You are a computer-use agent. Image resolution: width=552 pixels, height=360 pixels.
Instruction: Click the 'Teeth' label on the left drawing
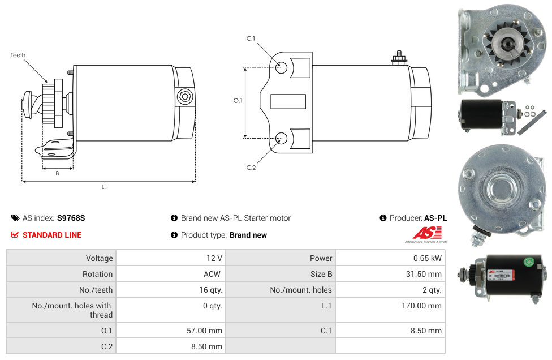[18, 55]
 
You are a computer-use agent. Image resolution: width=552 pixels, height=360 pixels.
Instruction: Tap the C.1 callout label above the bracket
[251, 38]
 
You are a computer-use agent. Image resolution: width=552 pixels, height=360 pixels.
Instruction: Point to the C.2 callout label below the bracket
[251, 168]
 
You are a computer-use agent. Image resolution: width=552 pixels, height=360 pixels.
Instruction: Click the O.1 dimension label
[238, 101]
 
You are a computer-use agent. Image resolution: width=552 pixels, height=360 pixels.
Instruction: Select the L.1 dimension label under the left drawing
[105, 187]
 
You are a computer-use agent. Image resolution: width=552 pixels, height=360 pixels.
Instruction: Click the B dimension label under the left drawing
[57, 173]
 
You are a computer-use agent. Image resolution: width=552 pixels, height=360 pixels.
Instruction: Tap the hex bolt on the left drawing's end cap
[185, 97]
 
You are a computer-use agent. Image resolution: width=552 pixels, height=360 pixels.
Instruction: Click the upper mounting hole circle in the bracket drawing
[281, 67]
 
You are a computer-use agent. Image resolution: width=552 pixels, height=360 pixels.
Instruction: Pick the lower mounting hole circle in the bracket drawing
[281, 139]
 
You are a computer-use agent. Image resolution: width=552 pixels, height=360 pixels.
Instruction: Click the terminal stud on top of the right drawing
[399, 58]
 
